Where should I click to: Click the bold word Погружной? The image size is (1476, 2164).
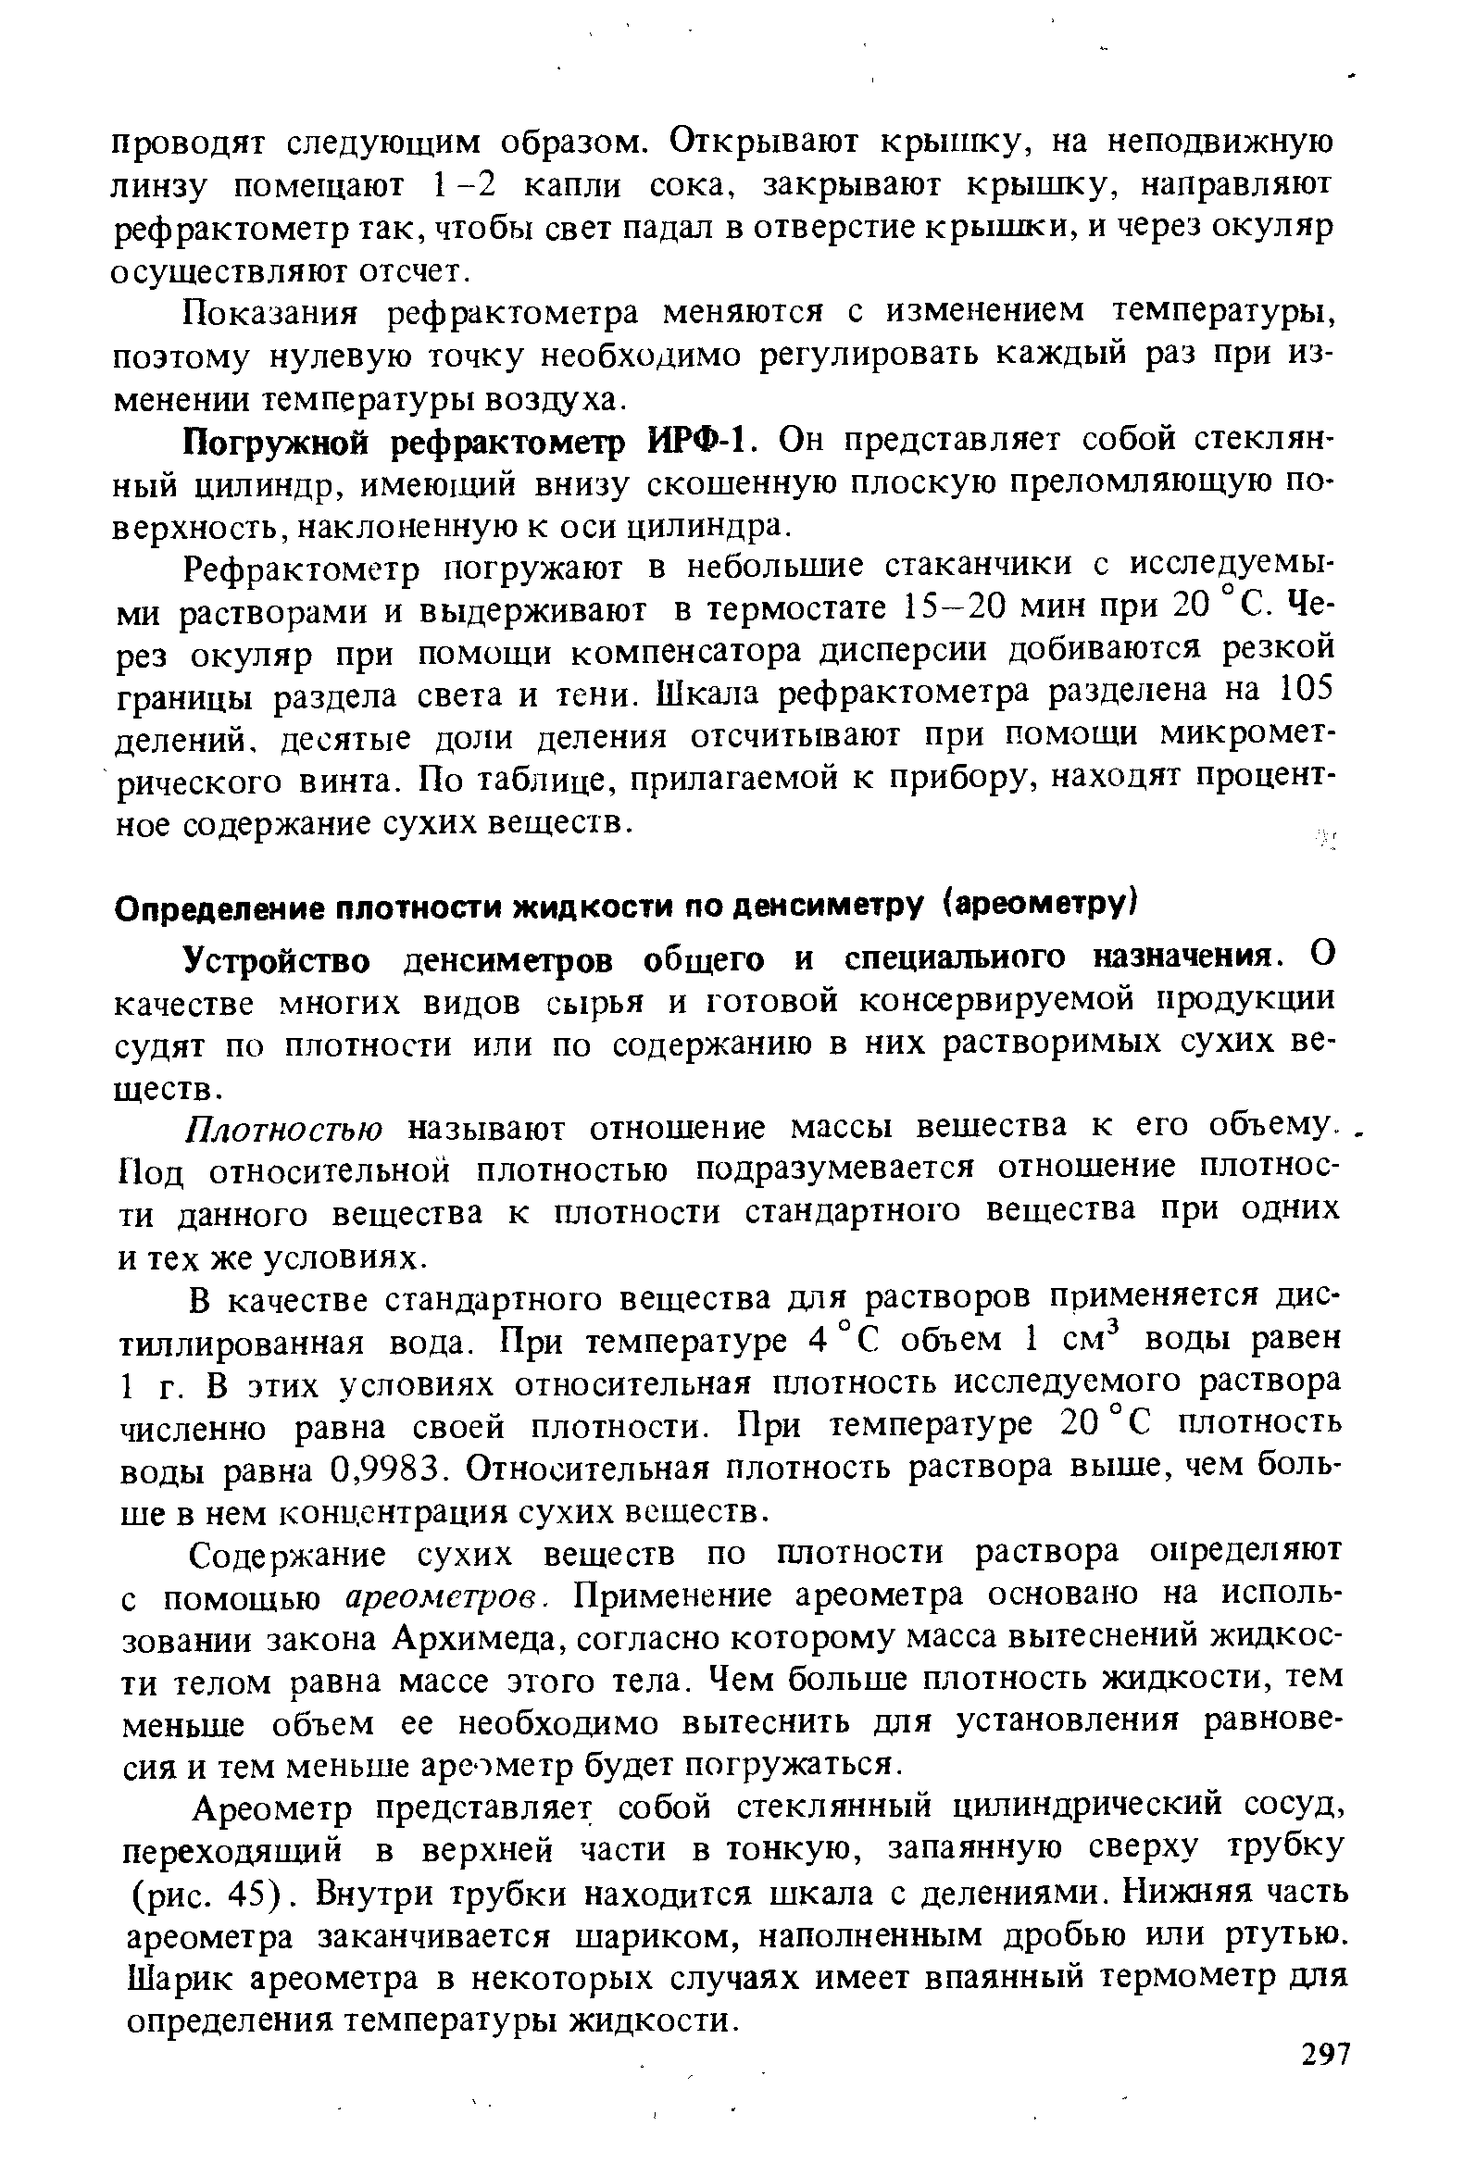(279, 443)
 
